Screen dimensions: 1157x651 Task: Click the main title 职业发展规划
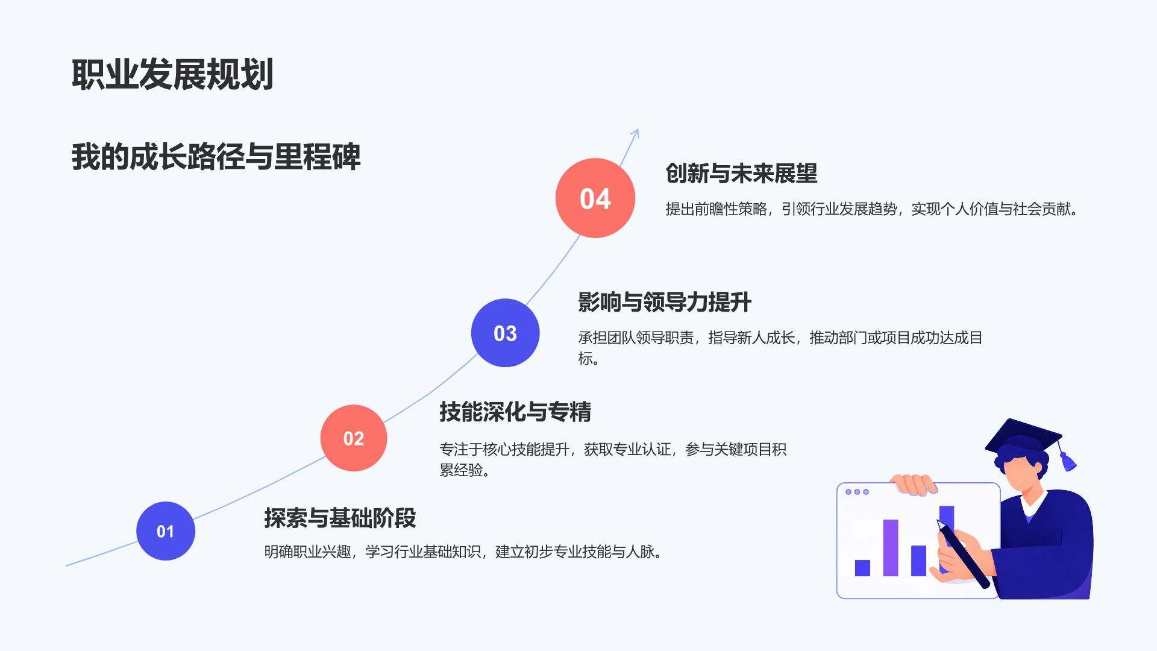(x=172, y=75)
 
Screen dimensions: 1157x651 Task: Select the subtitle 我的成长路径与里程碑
(x=216, y=157)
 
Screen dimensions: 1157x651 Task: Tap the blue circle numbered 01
(x=166, y=531)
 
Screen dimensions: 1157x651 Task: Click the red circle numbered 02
(x=354, y=438)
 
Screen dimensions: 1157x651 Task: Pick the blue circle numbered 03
(x=505, y=333)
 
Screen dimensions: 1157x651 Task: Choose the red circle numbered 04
(x=595, y=198)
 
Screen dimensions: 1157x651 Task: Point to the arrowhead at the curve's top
(x=635, y=133)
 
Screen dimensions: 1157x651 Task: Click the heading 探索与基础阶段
(x=340, y=518)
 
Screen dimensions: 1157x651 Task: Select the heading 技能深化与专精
(x=515, y=412)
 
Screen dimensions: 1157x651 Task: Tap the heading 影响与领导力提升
(x=665, y=302)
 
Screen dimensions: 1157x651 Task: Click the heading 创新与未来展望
(x=741, y=174)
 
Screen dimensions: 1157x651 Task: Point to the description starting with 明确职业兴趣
(x=463, y=552)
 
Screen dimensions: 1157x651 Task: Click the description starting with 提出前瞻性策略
(x=871, y=209)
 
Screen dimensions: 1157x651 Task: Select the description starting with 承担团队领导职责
(x=780, y=348)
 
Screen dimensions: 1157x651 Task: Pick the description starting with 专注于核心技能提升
(x=613, y=459)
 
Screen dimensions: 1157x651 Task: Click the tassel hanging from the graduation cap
(x=1066, y=456)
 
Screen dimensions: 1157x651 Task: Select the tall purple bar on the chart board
(x=891, y=547)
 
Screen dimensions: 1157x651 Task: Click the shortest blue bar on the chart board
(x=862, y=568)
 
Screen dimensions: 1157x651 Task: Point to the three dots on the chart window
(x=857, y=492)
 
